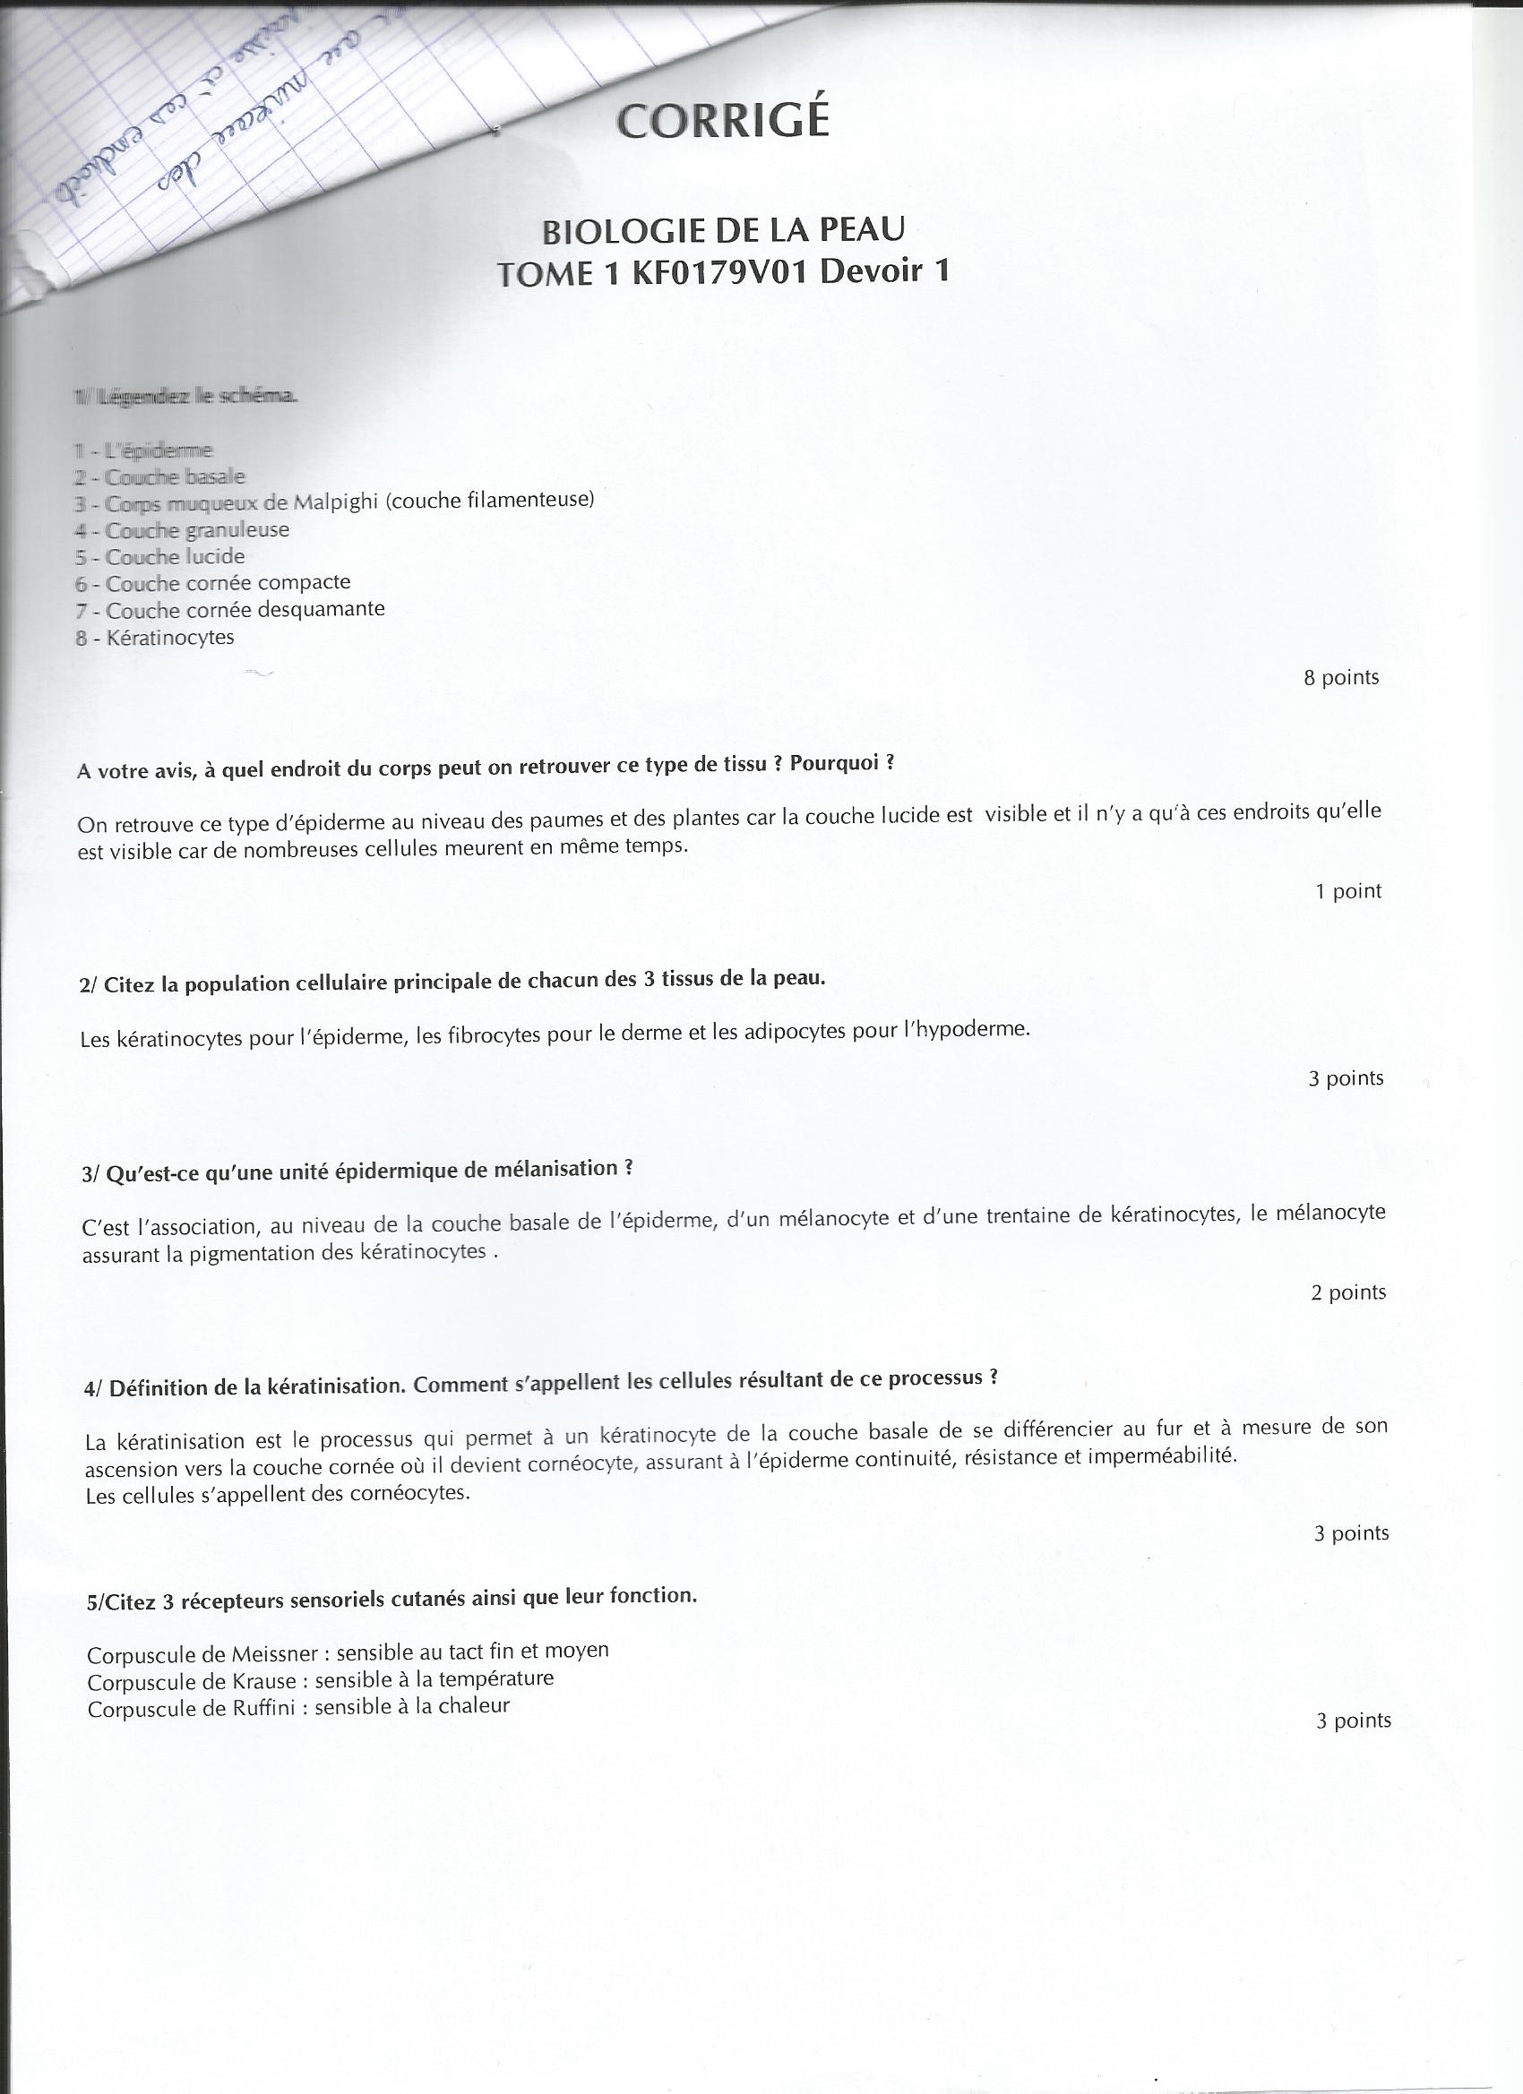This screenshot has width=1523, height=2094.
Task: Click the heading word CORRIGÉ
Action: coord(722,121)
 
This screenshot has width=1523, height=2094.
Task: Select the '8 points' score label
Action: coord(1340,678)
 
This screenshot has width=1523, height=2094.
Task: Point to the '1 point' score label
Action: coord(1347,891)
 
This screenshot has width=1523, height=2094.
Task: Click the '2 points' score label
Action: coord(1347,1292)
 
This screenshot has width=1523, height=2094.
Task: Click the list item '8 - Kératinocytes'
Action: coord(155,637)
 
